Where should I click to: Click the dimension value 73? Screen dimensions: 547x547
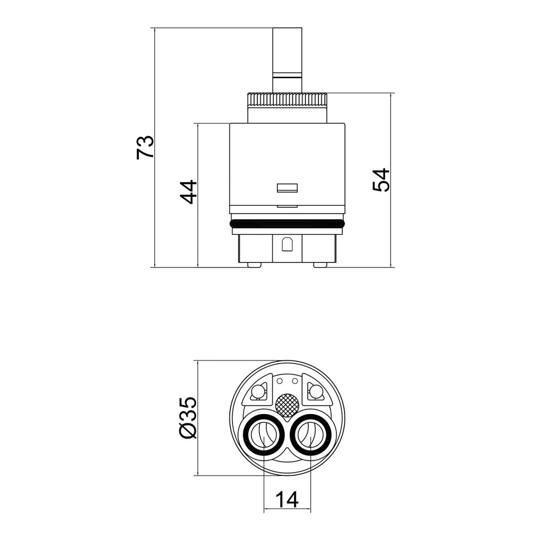pyautogui.click(x=145, y=147)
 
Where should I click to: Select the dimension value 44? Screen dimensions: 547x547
pyautogui.click(x=189, y=192)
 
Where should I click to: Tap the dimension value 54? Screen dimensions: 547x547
pyautogui.click(x=381, y=179)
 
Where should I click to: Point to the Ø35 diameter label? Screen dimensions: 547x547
pyautogui.click(x=189, y=418)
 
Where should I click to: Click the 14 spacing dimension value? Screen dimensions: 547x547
pyautogui.click(x=287, y=499)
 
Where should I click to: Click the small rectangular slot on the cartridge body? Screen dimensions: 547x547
pyautogui.click(x=287, y=188)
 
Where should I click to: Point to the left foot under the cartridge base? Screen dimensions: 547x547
pyautogui.click(x=254, y=265)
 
